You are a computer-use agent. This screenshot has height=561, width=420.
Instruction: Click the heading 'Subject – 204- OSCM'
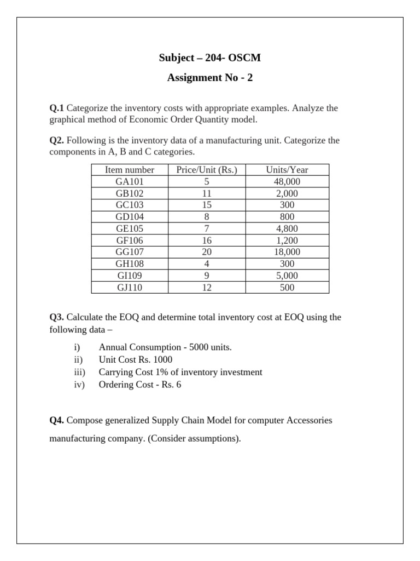click(210, 58)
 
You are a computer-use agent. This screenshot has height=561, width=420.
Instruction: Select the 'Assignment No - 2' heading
click(210, 78)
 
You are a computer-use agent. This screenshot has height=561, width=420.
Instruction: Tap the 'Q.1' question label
click(57, 108)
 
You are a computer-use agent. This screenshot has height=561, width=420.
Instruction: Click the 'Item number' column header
click(130, 170)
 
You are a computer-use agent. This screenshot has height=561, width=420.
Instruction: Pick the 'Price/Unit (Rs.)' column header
click(207, 170)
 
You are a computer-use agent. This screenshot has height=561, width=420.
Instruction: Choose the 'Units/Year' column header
click(287, 170)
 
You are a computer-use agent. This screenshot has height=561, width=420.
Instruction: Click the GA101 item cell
click(130, 182)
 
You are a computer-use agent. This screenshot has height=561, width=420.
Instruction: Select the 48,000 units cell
click(287, 182)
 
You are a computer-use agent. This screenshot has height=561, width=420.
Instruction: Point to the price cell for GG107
click(207, 252)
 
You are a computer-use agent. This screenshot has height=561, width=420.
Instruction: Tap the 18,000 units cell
click(287, 252)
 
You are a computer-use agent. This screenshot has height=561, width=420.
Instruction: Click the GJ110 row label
click(130, 288)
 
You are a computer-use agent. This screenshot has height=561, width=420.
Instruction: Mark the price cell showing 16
click(207, 241)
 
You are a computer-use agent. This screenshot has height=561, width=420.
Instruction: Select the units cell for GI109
click(287, 276)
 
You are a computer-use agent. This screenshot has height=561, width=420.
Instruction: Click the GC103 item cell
click(130, 205)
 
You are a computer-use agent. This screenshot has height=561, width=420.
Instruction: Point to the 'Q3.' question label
click(57, 317)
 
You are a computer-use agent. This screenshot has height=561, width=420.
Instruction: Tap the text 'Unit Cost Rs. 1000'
click(135, 359)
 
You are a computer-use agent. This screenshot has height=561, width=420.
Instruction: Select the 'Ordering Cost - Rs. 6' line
click(139, 385)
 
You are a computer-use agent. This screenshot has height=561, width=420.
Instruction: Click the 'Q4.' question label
click(57, 420)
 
